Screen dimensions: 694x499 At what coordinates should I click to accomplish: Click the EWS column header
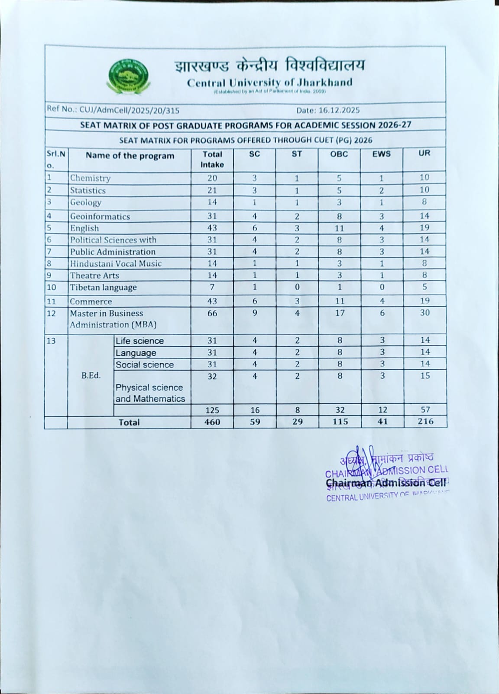point(381,154)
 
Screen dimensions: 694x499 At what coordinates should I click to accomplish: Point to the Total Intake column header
point(212,159)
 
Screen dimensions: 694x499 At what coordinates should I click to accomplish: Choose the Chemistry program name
point(91,178)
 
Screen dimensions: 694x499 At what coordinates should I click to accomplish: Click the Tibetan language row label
point(104,288)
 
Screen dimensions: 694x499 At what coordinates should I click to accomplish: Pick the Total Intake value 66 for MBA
point(212,313)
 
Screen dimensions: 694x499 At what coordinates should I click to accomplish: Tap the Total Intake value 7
point(212,287)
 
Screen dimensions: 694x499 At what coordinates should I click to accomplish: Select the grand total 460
point(212,422)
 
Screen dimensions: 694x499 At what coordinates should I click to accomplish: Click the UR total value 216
point(425,421)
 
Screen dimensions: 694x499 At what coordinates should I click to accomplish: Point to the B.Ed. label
point(91,376)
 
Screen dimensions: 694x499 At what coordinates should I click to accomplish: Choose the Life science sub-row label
point(139,341)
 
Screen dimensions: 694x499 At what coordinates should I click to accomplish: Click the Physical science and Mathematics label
point(150,393)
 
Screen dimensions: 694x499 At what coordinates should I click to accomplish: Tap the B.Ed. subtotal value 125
point(212,410)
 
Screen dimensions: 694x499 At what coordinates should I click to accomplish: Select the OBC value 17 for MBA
point(340,313)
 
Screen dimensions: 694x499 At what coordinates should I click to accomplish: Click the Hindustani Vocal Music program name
point(116,264)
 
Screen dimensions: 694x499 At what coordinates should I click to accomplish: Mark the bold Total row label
point(129,422)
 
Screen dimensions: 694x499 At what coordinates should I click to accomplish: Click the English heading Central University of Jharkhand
point(269,82)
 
